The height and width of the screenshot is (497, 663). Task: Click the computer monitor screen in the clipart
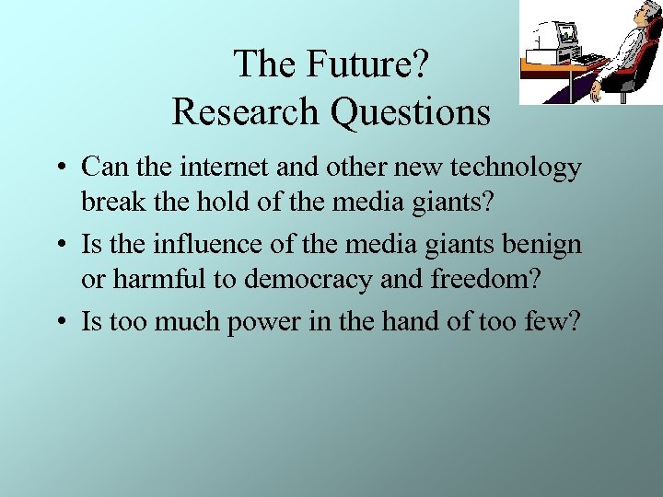click(565, 35)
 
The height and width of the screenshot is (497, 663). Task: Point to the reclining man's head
click(651, 13)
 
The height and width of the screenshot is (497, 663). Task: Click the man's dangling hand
click(596, 92)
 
